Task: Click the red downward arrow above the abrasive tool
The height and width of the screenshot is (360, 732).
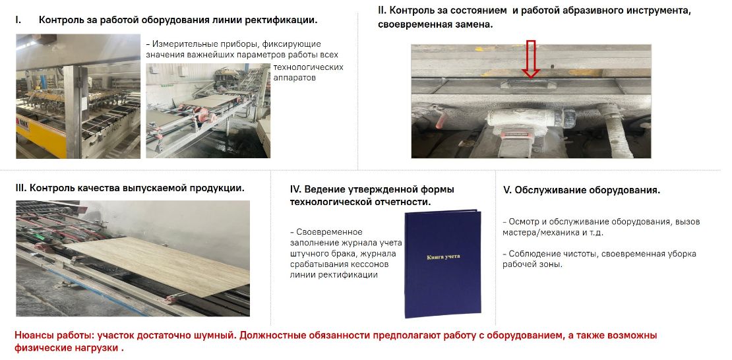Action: click(x=530, y=59)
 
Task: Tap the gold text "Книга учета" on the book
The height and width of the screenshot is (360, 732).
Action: click(x=442, y=258)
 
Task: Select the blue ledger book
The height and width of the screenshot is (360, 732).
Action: click(x=442, y=263)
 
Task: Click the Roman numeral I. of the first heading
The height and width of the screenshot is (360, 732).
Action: click(x=18, y=20)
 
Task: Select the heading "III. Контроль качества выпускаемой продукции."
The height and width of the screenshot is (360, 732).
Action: click(x=130, y=188)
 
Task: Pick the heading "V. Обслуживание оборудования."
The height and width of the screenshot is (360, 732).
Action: click(x=581, y=191)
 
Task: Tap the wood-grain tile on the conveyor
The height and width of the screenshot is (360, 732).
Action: click(x=157, y=265)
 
